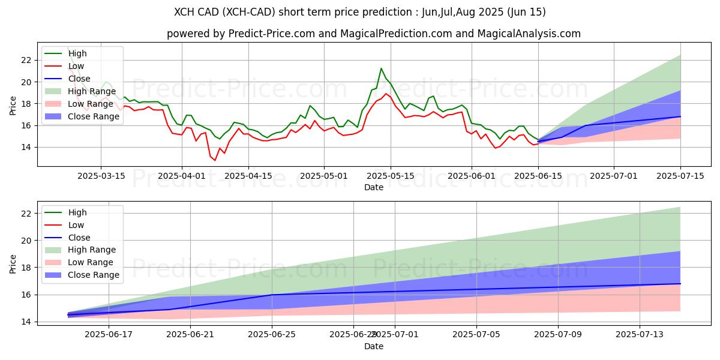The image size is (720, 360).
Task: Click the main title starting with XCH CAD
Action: [x=360, y=12]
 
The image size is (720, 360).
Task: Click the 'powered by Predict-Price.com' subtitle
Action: [x=373, y=34]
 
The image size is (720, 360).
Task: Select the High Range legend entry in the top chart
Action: [x=79, y=91]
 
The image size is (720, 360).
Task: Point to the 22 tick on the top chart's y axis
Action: [x=26, y=60]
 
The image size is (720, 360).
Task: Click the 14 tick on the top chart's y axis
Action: [x=26, y=147]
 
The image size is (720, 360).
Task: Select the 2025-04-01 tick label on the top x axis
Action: [x=182, y=175]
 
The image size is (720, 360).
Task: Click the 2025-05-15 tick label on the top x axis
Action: [x=391, y=175]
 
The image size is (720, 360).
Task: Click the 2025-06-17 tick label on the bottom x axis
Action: [x=109, y=334]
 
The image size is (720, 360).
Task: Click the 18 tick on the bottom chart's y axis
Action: [x=26, y=268]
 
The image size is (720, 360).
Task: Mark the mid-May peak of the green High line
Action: [x=381, y=68]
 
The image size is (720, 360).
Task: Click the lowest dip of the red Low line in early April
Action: [x=215, y=160]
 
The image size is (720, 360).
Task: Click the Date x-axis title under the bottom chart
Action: [x=373, y=346]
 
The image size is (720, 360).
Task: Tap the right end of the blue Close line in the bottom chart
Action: [x=680, y=284]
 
